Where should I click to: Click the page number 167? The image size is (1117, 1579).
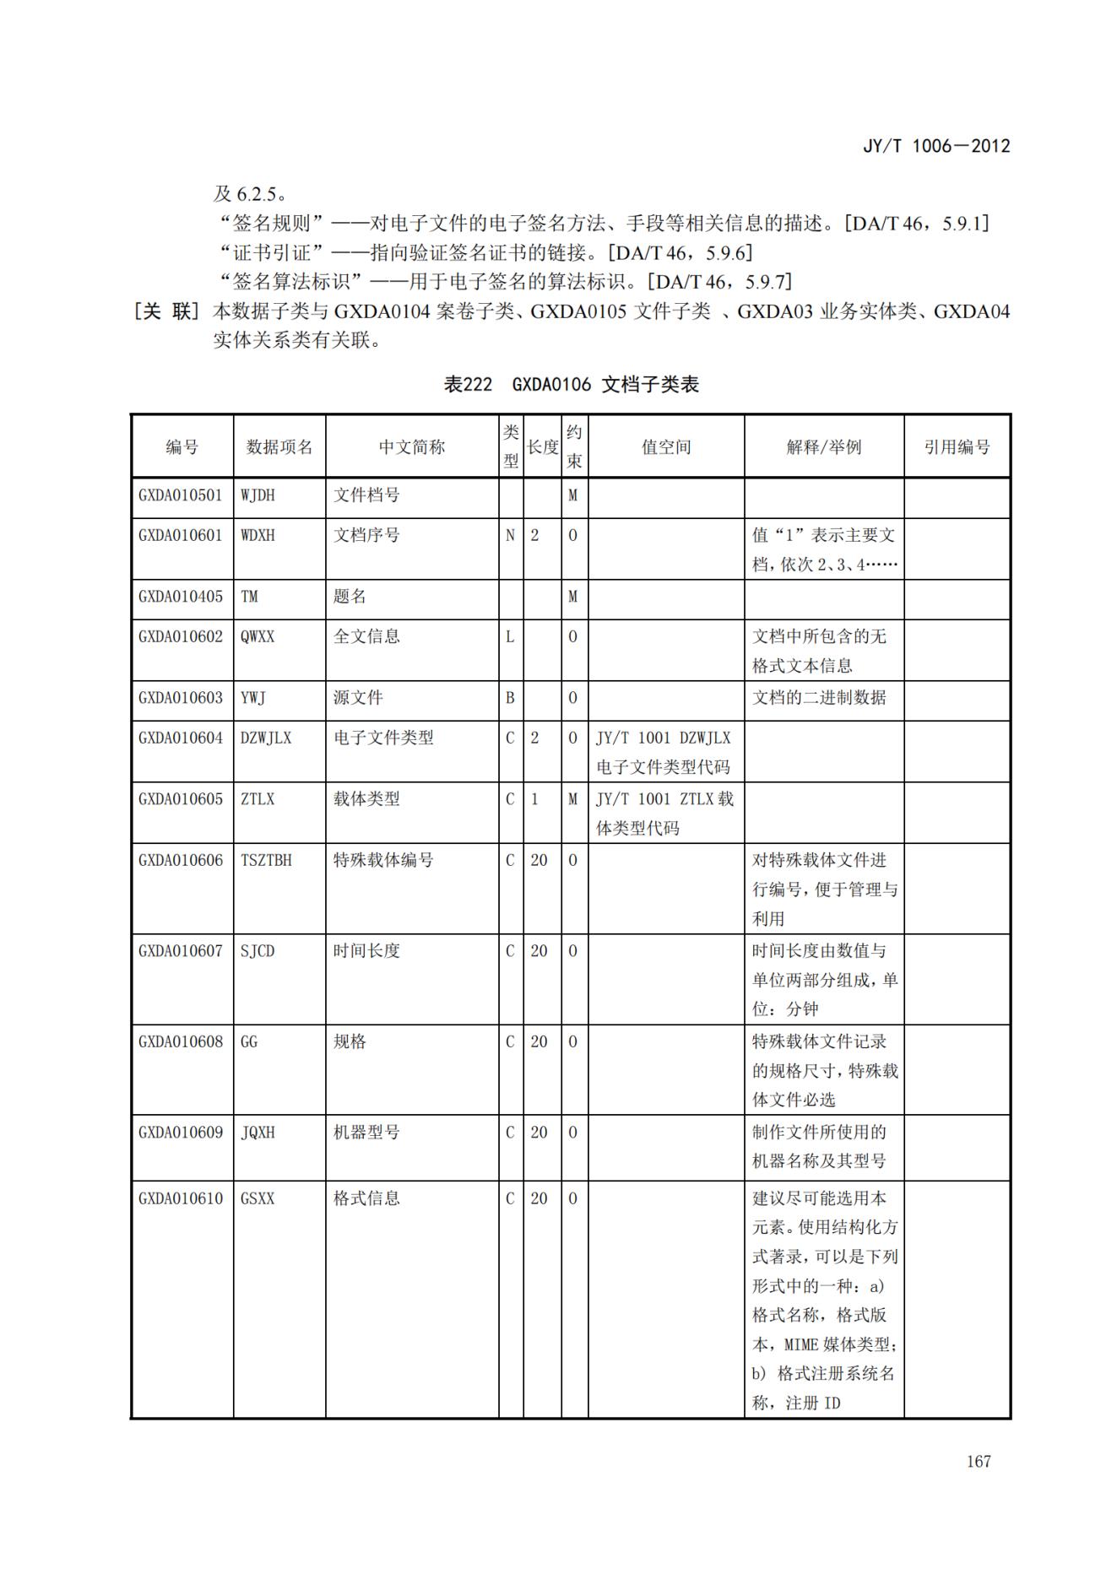(978, 1461)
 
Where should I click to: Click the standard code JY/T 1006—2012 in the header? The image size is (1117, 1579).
(935, 146)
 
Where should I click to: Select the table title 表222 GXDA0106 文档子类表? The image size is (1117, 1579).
(571, 385)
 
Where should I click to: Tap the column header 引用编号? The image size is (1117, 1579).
(957, 447)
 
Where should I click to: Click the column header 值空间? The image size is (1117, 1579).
(665, 447)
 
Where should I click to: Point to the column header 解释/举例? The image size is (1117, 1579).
(823, 447)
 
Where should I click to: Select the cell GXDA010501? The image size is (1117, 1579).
(181, 495)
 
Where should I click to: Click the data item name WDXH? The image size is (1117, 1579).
(258, 535)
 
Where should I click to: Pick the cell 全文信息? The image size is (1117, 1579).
(366, 636)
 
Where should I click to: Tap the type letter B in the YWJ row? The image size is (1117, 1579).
(510, 698)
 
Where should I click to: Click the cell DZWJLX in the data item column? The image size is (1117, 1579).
(266, 738)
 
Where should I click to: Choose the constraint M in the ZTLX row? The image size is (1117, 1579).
(572, 799)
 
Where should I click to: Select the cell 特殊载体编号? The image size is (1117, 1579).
(383, 860)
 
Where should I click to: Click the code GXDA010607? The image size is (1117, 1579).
(181, 951)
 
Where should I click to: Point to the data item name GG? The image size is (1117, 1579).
(249, 1041)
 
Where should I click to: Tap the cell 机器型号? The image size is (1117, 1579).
(366, 1133)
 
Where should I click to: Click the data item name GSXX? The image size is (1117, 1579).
(258, 1198)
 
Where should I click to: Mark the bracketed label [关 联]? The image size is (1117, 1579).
(165, 311)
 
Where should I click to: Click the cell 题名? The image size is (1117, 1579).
(350, 597)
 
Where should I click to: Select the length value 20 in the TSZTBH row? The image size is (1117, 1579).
(539, 860)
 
